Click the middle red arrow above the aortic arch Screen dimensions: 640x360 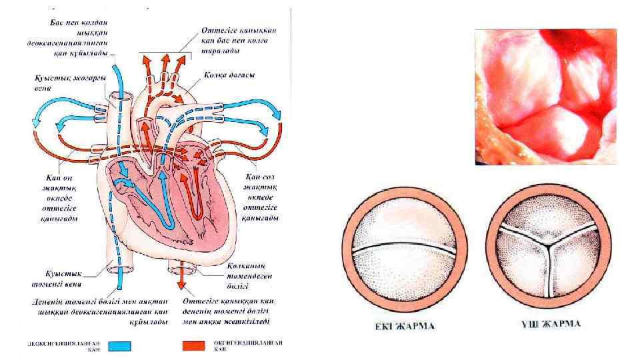[165, 61]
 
